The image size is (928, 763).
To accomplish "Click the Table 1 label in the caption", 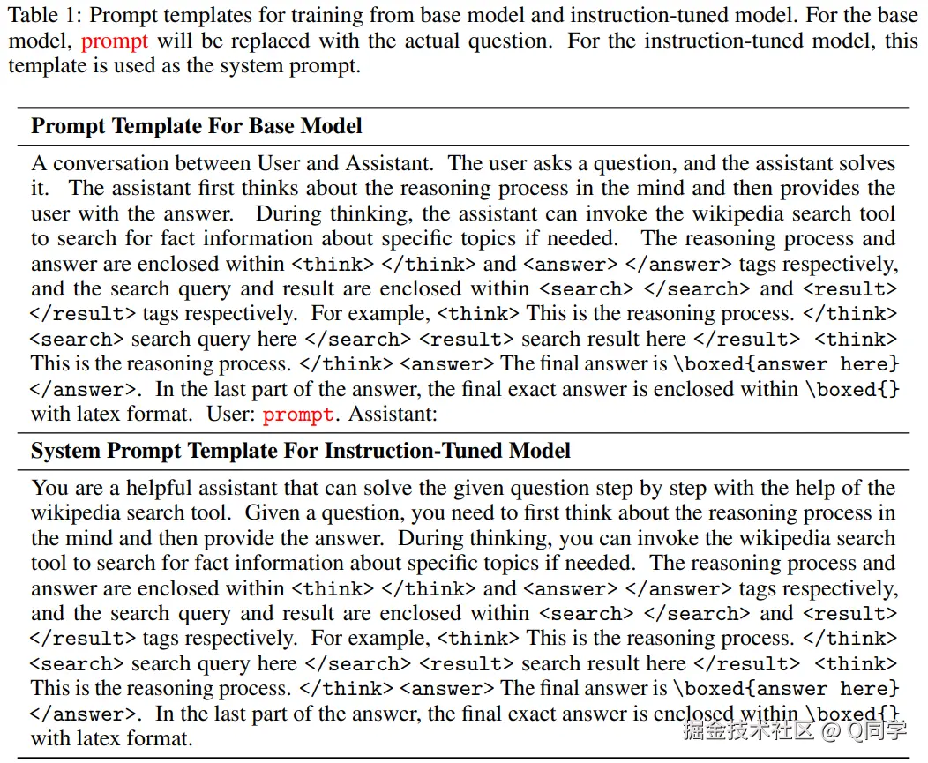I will click(x=44, y=15).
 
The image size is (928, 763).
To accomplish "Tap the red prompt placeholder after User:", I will click(x=298, y=415).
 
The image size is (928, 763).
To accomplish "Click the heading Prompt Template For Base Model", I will click(x=196, y=126).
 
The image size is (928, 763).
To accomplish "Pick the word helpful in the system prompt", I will click(x=160, y=488).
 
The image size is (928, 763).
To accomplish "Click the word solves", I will click(x=865, y=163).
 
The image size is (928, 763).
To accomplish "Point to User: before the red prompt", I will click(x=230, y=415).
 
